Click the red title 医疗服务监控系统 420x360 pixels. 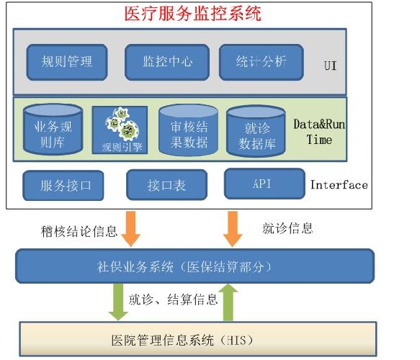coord(193,14)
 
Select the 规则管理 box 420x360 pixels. coord(67,63)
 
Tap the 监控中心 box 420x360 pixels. coord(167,63)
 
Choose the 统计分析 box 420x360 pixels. coord(262,63)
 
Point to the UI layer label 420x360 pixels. coord(330,66)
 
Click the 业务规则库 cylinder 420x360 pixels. coord(53,130)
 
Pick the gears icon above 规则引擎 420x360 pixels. coord(122,124)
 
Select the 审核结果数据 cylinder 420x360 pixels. coord(188,130)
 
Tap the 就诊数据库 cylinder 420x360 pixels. coord(256,130)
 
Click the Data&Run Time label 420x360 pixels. coord(319,132)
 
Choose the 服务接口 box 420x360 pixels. coord(63,185)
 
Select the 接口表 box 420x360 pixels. coord(166,185)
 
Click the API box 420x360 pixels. coord(264,184)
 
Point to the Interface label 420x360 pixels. coord(339,185)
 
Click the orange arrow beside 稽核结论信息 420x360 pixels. coord(131,228)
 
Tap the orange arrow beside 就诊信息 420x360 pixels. coord(233,228)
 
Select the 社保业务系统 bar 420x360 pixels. coord(195,266)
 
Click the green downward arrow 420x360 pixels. coord(118,302)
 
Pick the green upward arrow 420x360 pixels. coord(228,302)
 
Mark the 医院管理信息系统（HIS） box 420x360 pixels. coord(198,339)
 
